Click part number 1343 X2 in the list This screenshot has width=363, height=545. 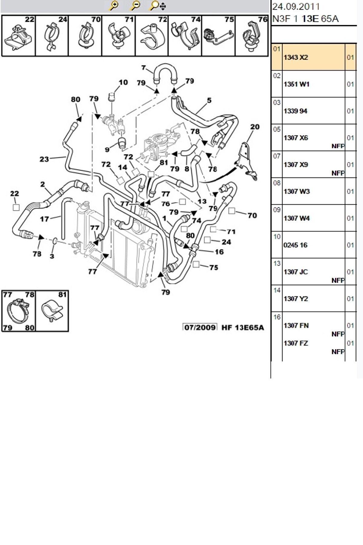tap(296, 57)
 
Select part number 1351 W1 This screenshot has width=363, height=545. tap(297, 84)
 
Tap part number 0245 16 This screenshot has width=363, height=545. tap(295, 245)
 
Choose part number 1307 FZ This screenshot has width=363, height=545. tap(296, 343)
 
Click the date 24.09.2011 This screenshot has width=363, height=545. tap(296, 6)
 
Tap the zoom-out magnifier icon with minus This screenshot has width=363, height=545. tap(135, 5)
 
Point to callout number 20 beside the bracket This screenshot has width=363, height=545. tap(255, 127)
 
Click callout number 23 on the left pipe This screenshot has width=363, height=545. tap(44, 159)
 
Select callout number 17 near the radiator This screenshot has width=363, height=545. tap(45, 219)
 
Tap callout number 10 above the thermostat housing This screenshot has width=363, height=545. tap(123, 82)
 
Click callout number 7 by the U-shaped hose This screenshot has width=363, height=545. tap(143, 67)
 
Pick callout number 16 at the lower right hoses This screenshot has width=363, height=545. tap(219, 252)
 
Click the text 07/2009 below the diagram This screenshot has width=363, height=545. tap(200, 327)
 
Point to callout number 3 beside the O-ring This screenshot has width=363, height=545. tap(52, 256)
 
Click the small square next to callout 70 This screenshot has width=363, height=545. tap(232, 211)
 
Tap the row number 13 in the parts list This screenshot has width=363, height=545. tap(277, 263)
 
